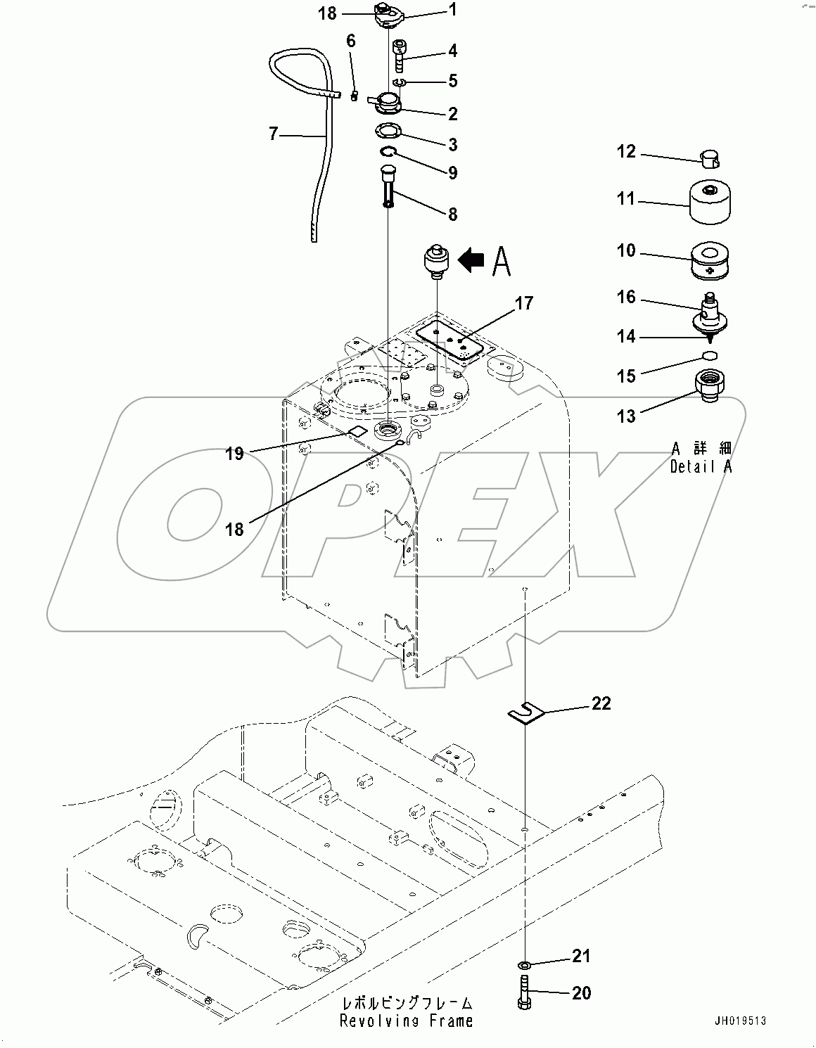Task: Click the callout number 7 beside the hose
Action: point(274,133)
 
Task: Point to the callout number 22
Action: point(601,703)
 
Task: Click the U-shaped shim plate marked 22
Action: point(526,715)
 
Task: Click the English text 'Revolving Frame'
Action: point(406,1021)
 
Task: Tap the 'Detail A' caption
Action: point(701,466)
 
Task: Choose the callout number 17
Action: point(523,303)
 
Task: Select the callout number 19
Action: point(235,454)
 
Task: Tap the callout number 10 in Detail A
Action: point(626,251)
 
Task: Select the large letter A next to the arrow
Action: point(501,261)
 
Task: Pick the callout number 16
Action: point(626,297)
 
